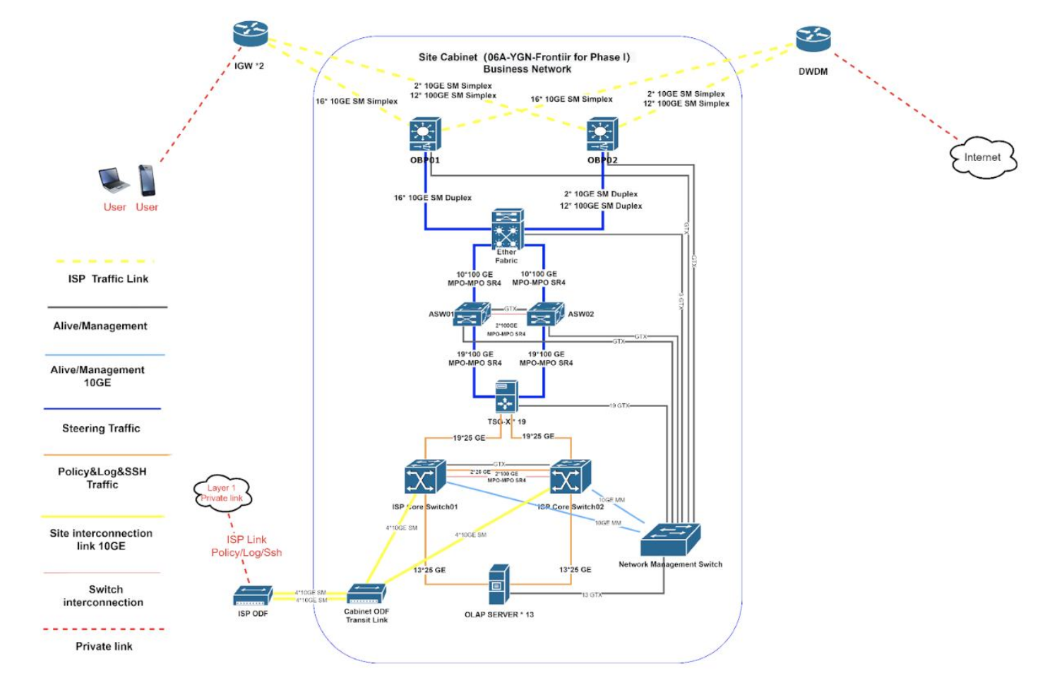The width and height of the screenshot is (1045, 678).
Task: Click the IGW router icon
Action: [251, 34]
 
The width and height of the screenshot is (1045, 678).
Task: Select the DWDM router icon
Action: [813, 39]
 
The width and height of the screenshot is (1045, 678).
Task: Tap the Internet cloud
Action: [982, 157]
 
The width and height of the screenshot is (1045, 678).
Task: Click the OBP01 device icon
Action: [424, 134]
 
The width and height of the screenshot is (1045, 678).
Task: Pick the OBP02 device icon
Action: [602, 134]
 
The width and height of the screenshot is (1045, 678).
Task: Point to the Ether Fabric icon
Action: [508, 228]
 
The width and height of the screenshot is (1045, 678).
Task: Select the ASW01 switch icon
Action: [472, 314]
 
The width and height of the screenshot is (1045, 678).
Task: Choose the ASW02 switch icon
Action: [545, 314]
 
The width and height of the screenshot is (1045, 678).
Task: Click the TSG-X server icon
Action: [506, 396]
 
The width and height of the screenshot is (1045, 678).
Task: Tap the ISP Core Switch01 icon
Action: [425, 478]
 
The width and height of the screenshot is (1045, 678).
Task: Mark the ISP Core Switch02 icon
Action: [570, 478]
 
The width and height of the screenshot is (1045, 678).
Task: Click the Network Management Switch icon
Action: [670, 540]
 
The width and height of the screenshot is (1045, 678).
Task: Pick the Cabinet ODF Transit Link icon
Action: [366, 594]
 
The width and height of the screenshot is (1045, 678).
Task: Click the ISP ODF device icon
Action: [253, 596]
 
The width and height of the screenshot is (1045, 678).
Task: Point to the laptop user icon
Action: [113, 180]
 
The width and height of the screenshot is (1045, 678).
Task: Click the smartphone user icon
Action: [147, 180]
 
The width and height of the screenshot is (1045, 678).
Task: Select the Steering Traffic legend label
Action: [101, 429]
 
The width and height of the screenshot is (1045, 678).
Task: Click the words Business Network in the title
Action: [527, 69]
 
